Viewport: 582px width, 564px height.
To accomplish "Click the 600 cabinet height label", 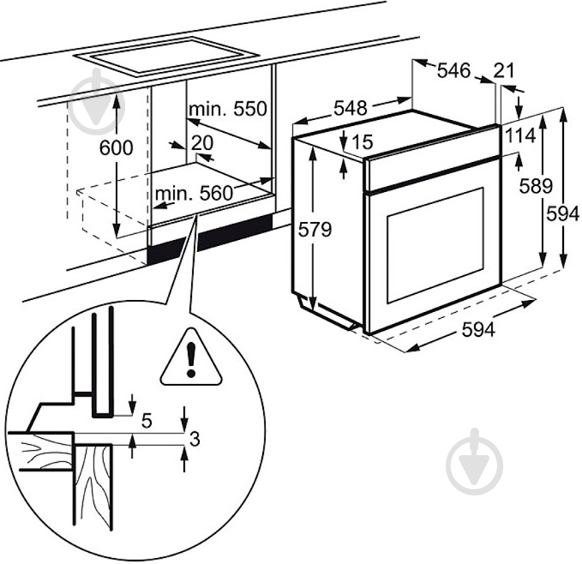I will coord(117,147).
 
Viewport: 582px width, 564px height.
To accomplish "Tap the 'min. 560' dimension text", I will coord(194,194).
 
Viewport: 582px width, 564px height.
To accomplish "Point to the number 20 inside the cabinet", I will coord(202,142).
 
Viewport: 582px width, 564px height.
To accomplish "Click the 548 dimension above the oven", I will coord(350,108).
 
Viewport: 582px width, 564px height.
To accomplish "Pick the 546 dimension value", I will coord(453,71).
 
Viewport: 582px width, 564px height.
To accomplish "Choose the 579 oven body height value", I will coord(314,230).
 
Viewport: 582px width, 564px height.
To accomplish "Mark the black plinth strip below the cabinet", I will coord(210,239).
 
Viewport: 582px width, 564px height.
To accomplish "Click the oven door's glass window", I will coord(435,246).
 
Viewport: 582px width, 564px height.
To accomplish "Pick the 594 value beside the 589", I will coord(565,215).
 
